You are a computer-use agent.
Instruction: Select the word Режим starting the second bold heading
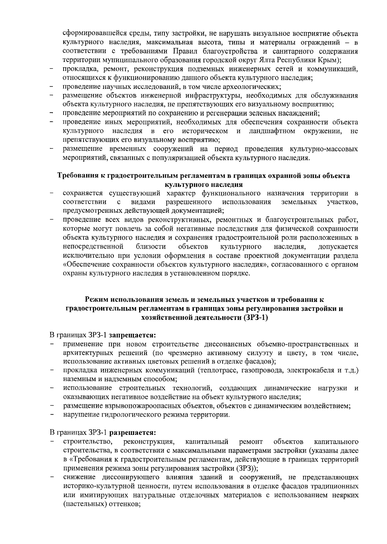tap(96, 299)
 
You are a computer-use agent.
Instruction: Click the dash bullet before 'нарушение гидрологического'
tap(52, 415)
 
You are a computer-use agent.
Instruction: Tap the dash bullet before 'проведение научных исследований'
tap(52, 87)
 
